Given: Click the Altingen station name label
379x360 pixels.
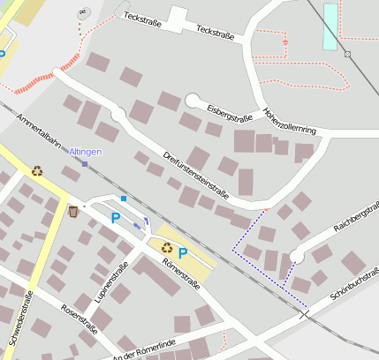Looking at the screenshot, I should (85, 152).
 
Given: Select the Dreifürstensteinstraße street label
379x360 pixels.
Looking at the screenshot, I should (196, 175).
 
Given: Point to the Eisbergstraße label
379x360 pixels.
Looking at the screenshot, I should (230, 112).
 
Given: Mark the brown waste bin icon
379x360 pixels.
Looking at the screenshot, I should (73, 211).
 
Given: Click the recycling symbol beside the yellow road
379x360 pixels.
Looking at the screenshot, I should (37, 171).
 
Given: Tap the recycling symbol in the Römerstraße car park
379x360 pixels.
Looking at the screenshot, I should (166, 247).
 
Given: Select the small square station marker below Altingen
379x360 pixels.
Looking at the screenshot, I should (85, 164).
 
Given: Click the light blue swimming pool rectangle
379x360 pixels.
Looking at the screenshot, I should (330, 26).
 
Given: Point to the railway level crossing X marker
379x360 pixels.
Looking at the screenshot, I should (304, 313).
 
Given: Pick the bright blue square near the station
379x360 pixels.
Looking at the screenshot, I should (124, 199).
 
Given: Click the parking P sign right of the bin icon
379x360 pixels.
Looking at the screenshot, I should (115, 217).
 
